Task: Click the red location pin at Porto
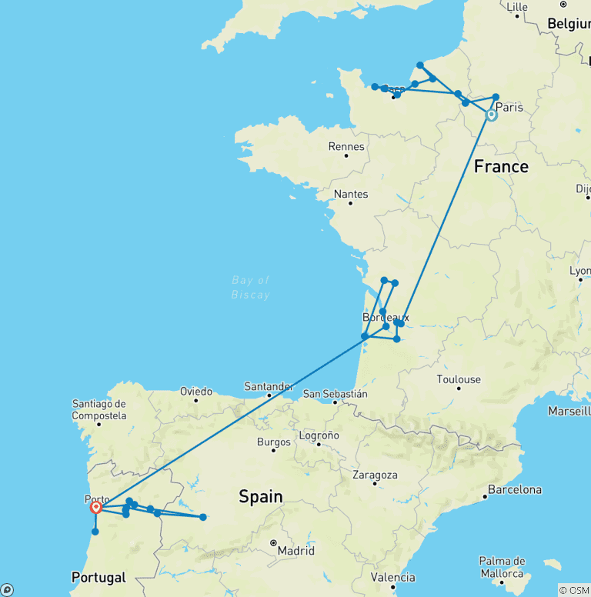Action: [x=96, y=507]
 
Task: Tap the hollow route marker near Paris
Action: [x=491, y=115]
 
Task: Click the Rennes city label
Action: [x=346, y=146]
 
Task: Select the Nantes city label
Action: [x=350, y=194]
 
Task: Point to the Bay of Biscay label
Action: [x=251, y=287]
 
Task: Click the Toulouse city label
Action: [x=459, y=379]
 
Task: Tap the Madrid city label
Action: [x=296, y=551]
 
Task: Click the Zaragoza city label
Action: [x=374, y=475]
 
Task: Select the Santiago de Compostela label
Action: [x=99, y=409]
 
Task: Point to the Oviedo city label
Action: [x=196, y=391]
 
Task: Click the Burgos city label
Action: [x=274, y=442]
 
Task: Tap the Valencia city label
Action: [x=392, y=578]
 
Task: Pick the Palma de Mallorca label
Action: [x=502, y=566]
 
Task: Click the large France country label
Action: [x=501, y=166]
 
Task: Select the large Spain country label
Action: [x=261, y=496]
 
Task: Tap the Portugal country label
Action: [x=98, y=577]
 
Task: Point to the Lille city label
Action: [x=517, y=7]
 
